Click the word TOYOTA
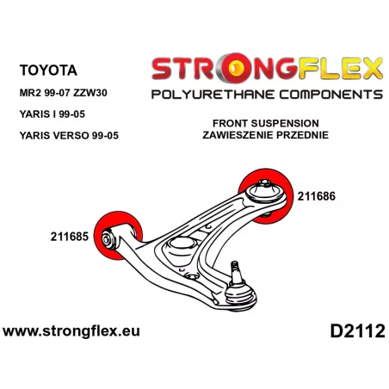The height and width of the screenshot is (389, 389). coord(48,71)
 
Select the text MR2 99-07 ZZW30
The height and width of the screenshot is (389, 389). coord(63,93)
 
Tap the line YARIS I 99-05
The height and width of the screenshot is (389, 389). coord(52,114)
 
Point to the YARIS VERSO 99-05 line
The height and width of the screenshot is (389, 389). coord(69,135)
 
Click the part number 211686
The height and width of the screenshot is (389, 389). coord(317,196)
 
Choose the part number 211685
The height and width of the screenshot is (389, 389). coord(70,237)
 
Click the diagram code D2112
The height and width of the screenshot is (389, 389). coord(357,331)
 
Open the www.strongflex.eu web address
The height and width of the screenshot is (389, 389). coord(71,331)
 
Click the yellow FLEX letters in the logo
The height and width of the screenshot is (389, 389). coord(340,68)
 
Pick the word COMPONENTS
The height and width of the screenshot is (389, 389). coord(331,95)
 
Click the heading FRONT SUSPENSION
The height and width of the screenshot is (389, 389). coord(266,123)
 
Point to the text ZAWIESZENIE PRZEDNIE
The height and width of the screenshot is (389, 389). coord(266,135)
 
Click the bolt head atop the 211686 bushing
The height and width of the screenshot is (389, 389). coord(264,183)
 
